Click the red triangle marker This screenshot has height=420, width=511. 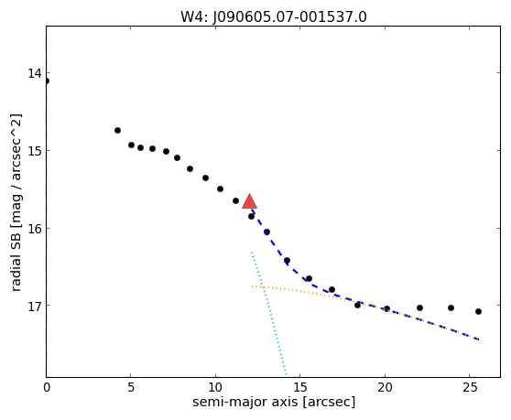click(250, 201)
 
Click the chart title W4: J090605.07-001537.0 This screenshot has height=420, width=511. click(274, 17)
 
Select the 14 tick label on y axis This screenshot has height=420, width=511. click(35, 73)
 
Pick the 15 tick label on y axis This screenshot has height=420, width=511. click(35, 150)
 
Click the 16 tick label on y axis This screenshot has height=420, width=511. click(35, 228)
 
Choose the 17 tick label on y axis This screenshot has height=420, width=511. click(35, 306)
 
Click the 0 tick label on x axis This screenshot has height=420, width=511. click(47, 388)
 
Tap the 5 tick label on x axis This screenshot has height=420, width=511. click(131, 388)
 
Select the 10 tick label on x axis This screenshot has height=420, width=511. click(215, 388)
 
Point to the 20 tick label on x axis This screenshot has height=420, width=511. click(385, 388)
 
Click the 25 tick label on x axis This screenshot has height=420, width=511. click(469, 388)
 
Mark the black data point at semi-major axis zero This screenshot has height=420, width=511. click(47, 81)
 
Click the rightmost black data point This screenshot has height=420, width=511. click(478, 312)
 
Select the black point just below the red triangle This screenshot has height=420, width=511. click(251, 216)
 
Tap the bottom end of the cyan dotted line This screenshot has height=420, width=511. click(286, 374)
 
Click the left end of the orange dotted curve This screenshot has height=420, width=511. click(252, 286)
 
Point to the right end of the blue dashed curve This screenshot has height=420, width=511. click(478, 339)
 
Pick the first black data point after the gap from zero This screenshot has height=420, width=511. click(117, 130)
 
